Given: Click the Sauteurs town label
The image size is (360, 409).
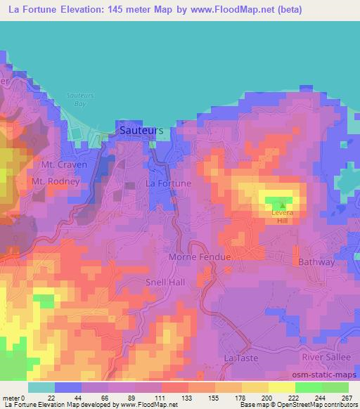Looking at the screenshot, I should point(141,131).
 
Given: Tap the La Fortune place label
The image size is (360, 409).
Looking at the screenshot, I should point(168,183).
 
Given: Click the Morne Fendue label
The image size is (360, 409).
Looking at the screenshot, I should point(200,257).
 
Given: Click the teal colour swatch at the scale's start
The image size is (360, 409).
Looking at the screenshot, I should point(41,387).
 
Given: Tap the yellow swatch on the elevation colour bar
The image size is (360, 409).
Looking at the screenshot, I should point(281,387).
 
